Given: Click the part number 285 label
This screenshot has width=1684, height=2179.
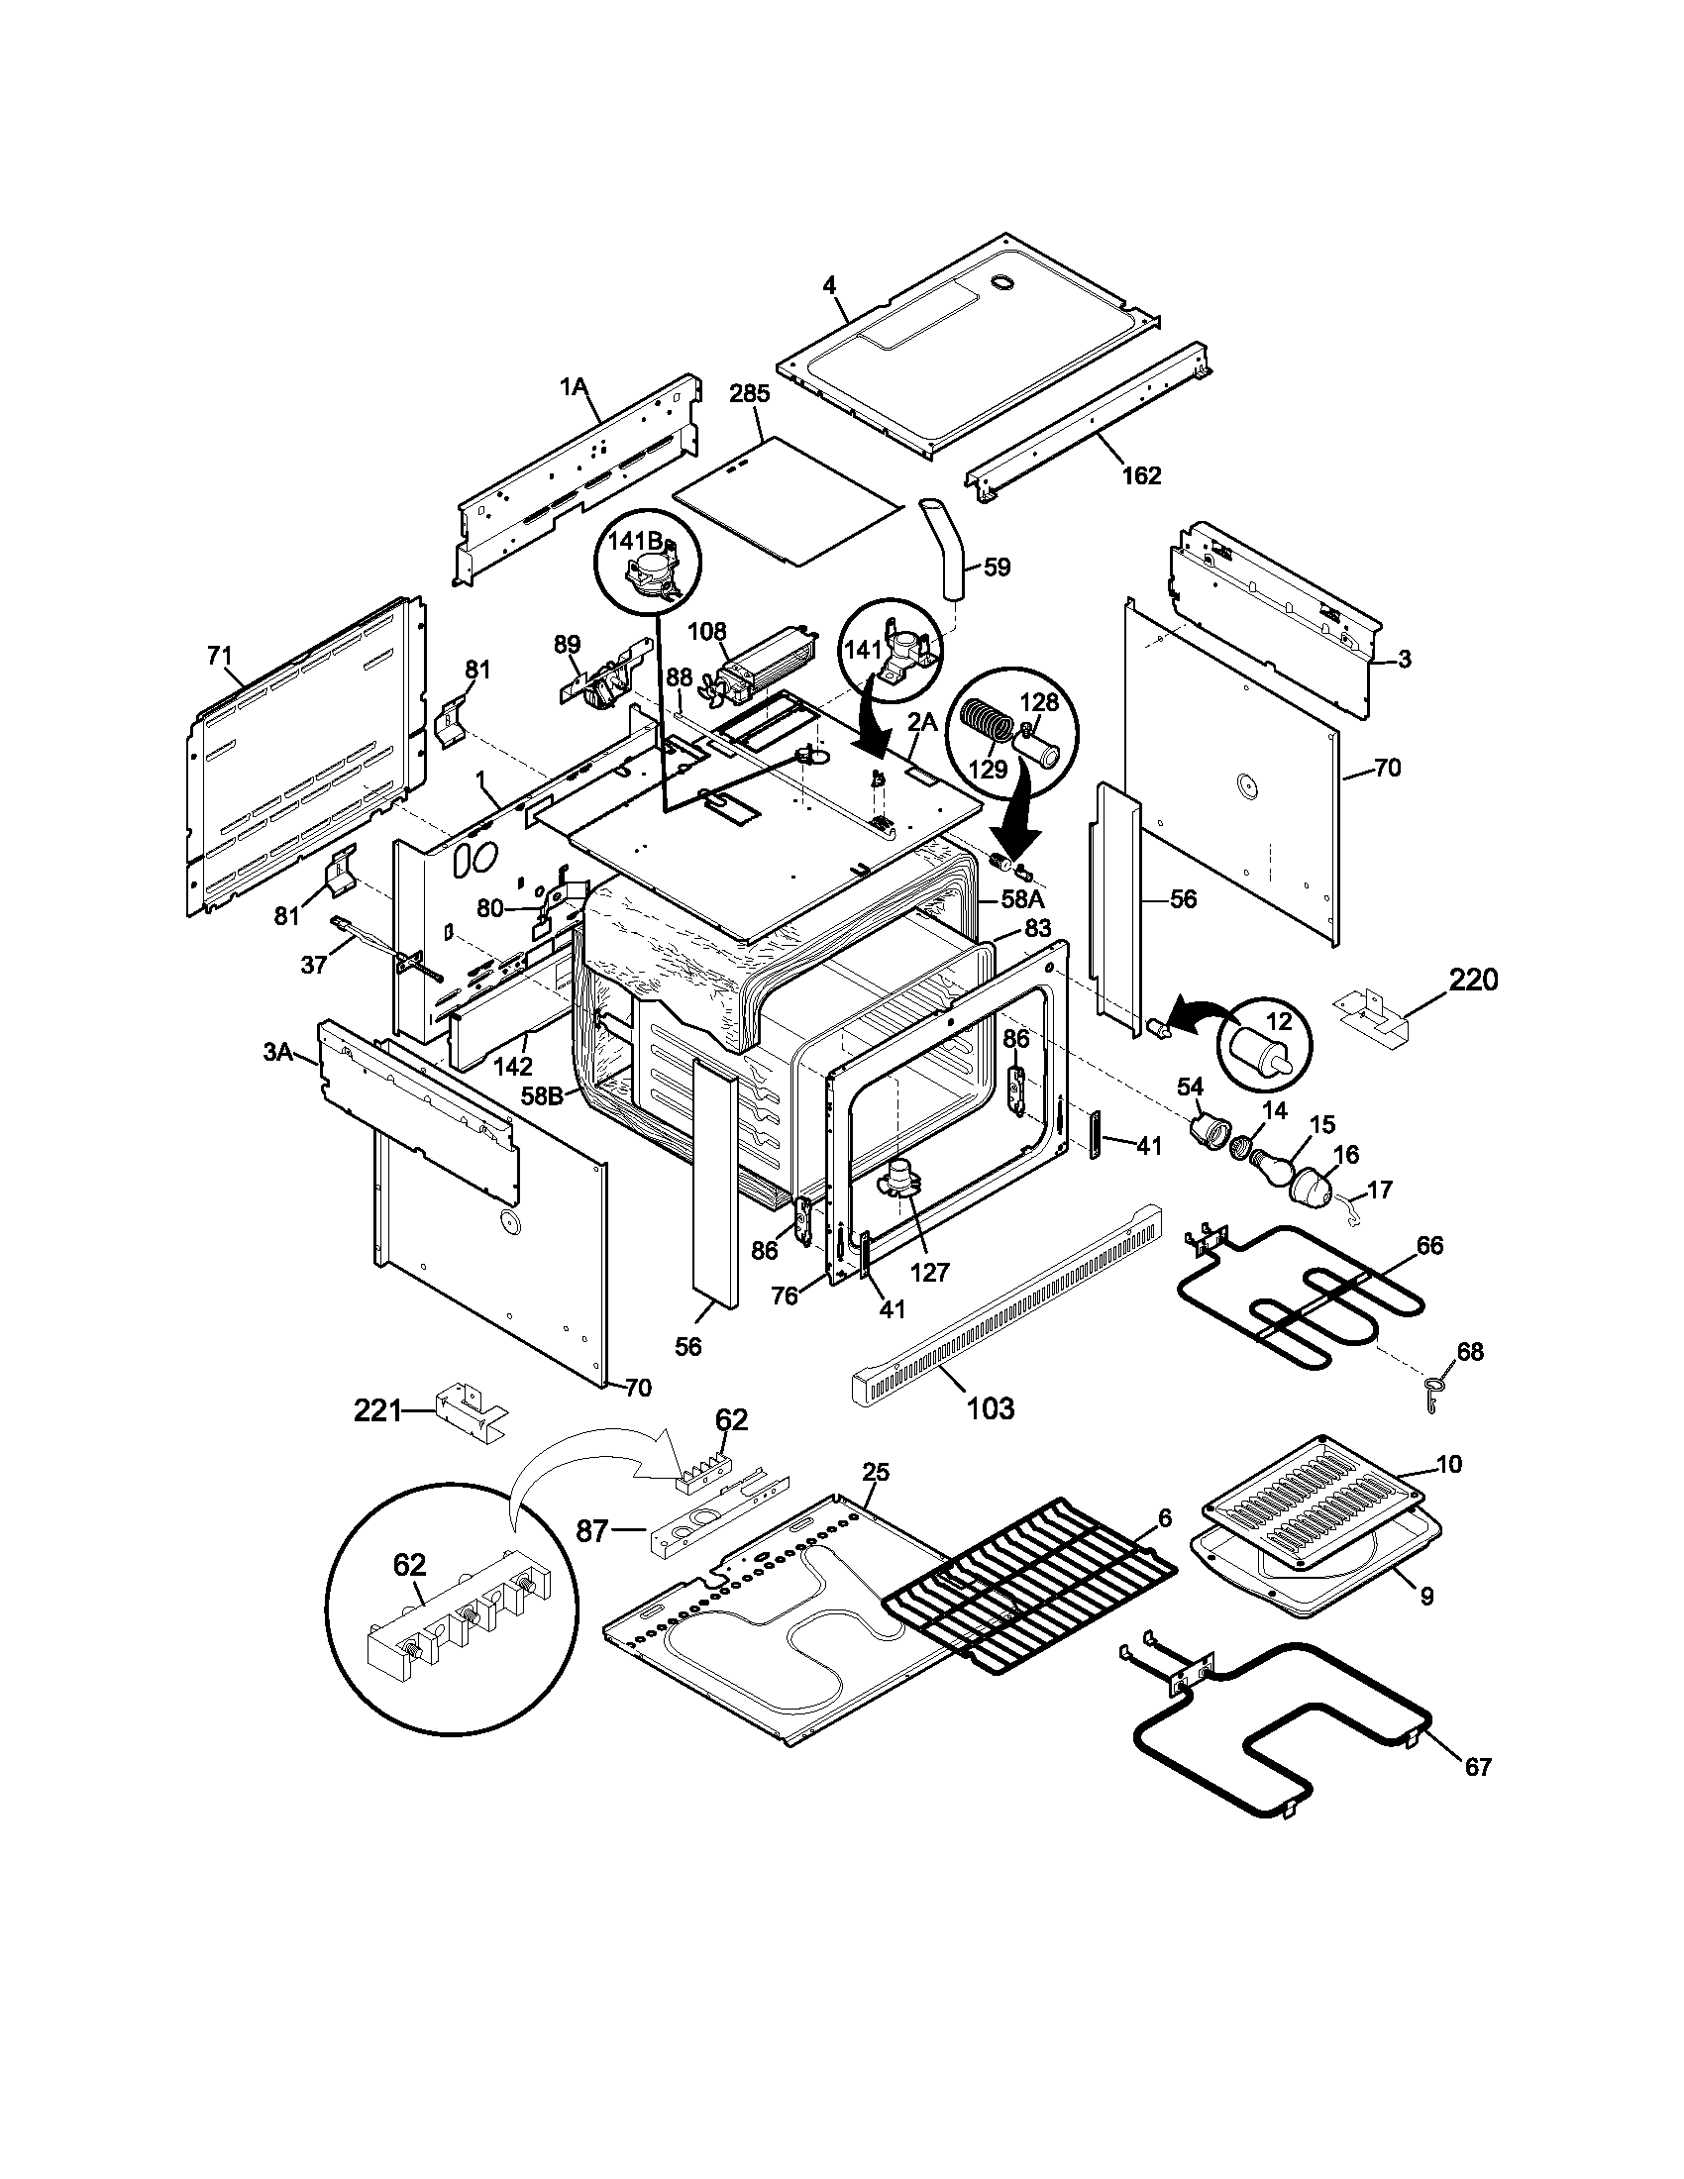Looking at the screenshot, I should (749, 394).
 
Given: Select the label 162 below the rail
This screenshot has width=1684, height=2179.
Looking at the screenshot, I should (1141, 474).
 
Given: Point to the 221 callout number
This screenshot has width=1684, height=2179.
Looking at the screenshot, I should (378, 1410).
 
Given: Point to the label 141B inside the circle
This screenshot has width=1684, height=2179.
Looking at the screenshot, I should (637, 540).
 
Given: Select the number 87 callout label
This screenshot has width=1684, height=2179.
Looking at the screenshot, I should (591, 1530).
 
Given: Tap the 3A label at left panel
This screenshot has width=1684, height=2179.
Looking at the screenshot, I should (277, 1052).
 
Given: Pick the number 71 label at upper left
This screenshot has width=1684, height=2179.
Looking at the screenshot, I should (219, 656).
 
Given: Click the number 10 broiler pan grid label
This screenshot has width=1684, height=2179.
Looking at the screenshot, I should (1448, 1464).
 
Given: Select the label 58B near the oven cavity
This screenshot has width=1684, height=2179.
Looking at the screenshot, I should (541, 1094).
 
